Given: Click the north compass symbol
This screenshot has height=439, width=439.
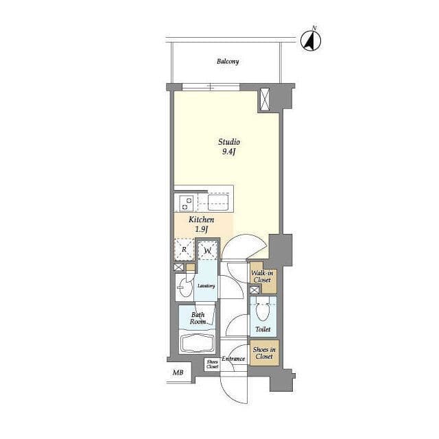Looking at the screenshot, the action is point(311,41).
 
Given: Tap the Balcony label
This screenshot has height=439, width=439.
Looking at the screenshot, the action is point(228,62).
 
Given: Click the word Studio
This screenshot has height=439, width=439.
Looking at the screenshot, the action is point(228,142).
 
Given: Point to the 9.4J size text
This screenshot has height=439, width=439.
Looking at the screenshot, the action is point(228,152).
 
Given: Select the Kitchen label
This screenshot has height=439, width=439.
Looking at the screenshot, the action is point(201,219).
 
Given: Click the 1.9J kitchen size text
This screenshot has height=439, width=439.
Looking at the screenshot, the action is point(201,230).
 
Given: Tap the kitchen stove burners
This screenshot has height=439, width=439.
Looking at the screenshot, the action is point(187,204).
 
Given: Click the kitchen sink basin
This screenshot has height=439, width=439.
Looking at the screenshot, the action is point(218,202).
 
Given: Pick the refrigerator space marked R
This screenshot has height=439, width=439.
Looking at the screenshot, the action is point(185,249).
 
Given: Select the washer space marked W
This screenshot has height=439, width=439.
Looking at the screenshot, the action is point(207,250).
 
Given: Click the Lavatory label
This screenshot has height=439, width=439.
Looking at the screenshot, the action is point(206,286).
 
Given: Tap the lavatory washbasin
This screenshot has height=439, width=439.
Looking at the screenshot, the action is point(184,287).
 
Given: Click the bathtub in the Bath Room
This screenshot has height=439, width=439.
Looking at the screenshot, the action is point(197,344).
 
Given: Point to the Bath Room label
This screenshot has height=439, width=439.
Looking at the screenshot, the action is point(198,318).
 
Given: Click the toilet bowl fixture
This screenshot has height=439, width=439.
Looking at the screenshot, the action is point(263,311).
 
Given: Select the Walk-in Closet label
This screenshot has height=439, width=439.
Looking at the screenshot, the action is point(262,276).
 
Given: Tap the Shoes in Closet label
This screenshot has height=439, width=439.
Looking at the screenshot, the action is point(264,353).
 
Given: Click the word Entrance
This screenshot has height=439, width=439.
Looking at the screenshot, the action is point(233,359).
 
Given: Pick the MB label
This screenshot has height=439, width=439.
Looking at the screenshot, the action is point(178,372).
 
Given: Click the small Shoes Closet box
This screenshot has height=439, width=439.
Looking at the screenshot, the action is point(212,364).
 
